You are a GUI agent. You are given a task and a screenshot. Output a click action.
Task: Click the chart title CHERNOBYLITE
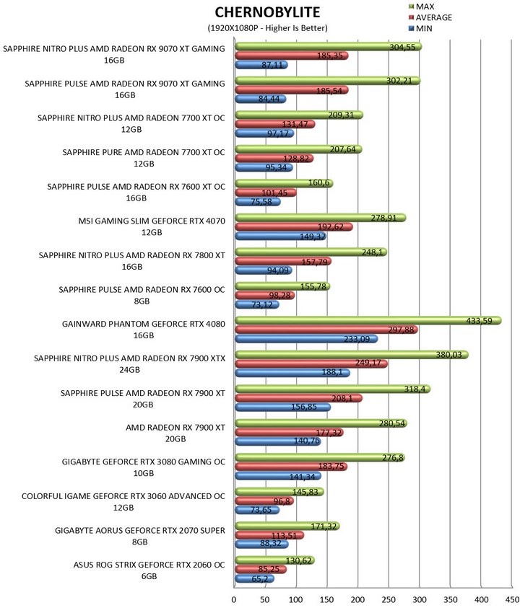tap(267, 12)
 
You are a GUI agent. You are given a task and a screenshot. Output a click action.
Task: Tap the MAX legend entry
tap(421, 6)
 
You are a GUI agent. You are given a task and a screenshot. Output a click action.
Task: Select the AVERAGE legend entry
tap(430, 17)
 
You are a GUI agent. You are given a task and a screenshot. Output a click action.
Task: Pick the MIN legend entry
tap(420, 29)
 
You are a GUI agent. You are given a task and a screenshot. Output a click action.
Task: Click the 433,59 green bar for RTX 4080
tap(368, 321)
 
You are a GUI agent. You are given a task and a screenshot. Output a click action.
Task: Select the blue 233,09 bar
tap(306, 338)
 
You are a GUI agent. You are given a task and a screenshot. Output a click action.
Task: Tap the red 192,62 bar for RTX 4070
tap(294, 226)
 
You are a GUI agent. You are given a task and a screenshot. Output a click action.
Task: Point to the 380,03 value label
tap(448, 355)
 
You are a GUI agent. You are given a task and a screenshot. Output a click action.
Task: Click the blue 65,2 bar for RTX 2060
tap(254, 578)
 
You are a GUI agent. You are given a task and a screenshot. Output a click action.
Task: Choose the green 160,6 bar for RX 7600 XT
tap(284, 183)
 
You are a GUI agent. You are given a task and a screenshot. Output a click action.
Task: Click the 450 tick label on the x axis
tap(512, 600)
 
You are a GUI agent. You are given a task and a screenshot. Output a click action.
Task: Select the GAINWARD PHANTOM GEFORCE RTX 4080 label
tap(144, 330)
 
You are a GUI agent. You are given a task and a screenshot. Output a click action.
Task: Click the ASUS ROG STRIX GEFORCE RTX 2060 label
tap(149, 570)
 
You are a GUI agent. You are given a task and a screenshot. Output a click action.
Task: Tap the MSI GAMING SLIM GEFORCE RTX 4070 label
tap(152, 226)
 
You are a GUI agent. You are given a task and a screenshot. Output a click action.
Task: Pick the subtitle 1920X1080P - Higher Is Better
tap(267, 28)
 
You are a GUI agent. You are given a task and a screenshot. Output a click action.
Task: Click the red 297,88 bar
tap(326, 330)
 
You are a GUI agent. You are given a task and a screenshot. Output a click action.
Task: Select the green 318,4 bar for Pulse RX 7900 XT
tap(333, 389)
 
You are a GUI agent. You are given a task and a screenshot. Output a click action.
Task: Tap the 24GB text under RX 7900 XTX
tap(129, 370)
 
